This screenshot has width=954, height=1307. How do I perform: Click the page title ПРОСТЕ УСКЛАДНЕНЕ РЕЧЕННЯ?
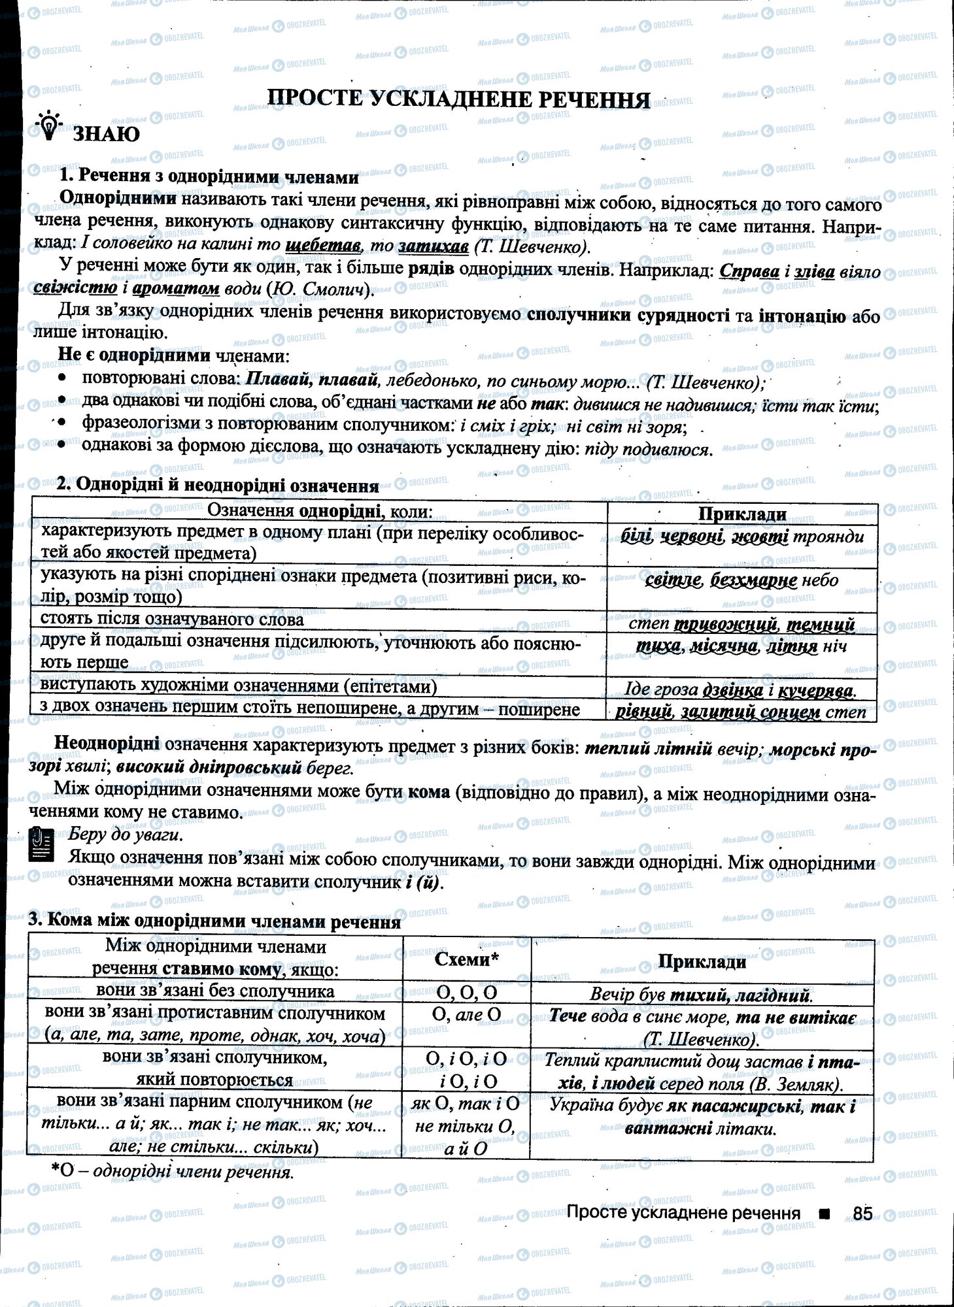[459, 99]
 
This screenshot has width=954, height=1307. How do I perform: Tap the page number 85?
[862, 1214]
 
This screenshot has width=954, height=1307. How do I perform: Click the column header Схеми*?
[466, 959]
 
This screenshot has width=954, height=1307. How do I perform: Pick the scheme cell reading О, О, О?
[466, 993]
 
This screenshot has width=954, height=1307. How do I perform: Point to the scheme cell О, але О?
[466, 1015]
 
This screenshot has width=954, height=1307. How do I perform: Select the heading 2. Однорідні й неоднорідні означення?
[218, 485]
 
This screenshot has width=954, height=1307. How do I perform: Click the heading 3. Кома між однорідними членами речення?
[214, 922]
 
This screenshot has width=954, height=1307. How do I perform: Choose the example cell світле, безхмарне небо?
[741, 580]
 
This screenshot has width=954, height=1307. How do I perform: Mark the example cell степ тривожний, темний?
[741, 623]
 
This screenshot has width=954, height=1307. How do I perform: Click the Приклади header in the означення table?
[741, 514]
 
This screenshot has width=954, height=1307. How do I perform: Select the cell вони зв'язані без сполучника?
[215, 991]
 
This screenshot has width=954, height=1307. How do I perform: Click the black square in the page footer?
[824, 1214]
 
